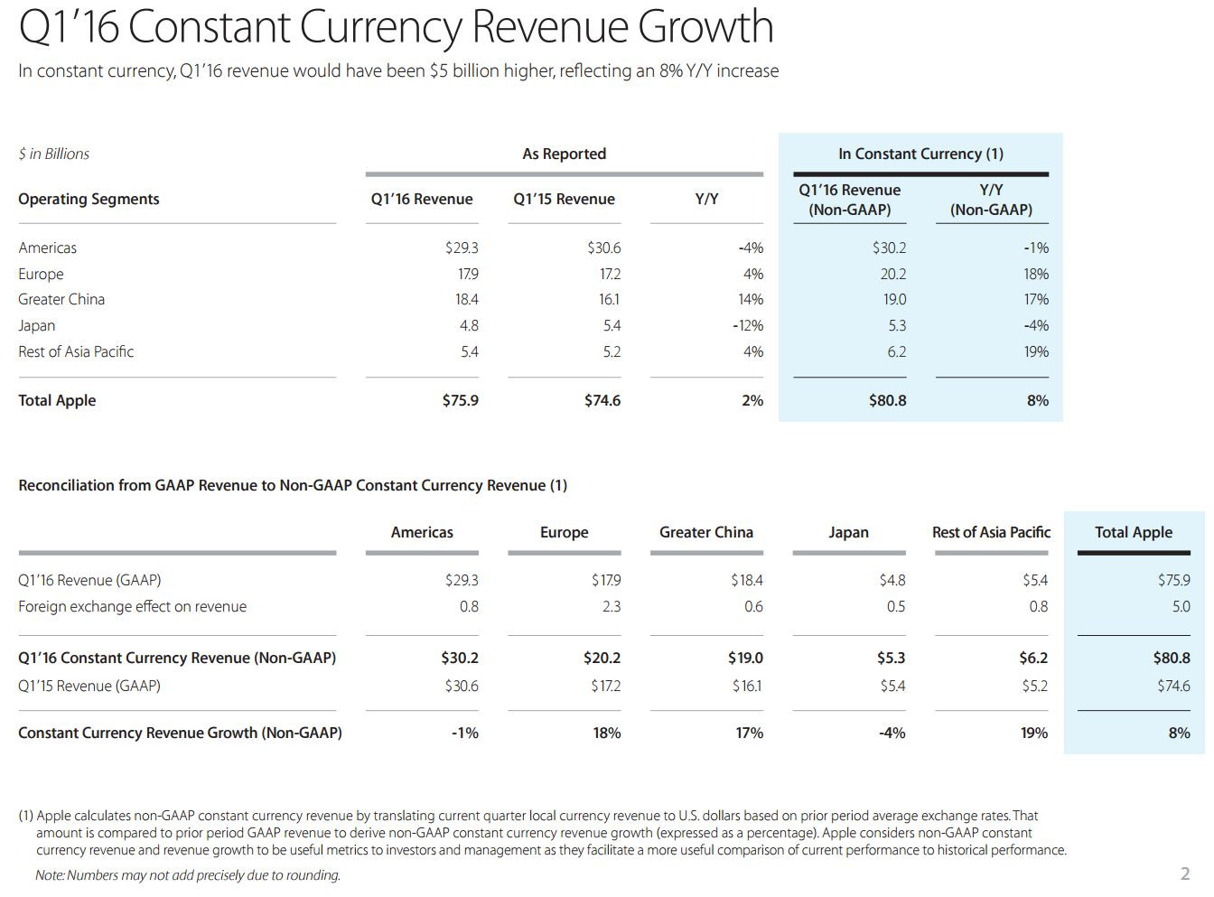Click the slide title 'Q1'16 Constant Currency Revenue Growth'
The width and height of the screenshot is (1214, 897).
click(396, 26)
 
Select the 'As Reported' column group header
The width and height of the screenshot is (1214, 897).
click(564, 154)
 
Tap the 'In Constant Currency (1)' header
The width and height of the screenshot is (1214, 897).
click(920, 154)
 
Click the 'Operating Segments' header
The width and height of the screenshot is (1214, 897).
click(89, 200)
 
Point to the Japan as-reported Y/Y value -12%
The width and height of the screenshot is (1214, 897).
click(748, 326)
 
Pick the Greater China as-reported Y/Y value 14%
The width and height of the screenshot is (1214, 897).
click(750, 300)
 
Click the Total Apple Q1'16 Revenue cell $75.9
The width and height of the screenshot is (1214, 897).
click(461, 400)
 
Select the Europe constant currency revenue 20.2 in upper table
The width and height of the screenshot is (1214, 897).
click(893, 274)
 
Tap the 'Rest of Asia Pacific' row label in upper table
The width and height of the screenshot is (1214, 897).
click(76, 351)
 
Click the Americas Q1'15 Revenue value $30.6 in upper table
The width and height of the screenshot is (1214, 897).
click(603, 248)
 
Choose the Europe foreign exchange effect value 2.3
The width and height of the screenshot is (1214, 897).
click(612, 607)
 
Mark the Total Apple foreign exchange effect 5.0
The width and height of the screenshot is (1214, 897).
click(1181, 607)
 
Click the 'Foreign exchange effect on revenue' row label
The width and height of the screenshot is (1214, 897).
click(133, 607)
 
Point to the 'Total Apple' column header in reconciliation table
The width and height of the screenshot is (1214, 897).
click(1134, 532)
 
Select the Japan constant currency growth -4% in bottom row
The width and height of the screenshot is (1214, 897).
click(892, 733)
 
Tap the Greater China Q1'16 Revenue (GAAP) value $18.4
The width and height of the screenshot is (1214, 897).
click(747, 580)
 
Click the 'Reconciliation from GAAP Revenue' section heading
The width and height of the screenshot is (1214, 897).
click(293, 486)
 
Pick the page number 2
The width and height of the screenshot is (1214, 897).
click(1185, 874)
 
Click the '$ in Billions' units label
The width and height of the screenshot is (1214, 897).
click(53, 154)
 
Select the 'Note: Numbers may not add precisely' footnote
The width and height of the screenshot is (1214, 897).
click(188, 875)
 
